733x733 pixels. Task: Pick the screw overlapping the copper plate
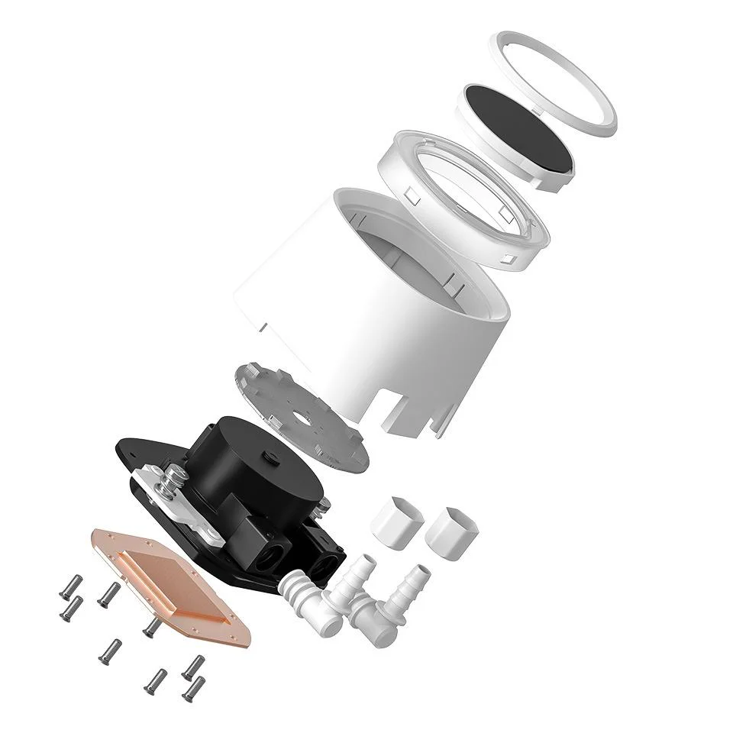tap(150, 628)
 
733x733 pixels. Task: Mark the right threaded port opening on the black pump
tap(325, 570)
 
